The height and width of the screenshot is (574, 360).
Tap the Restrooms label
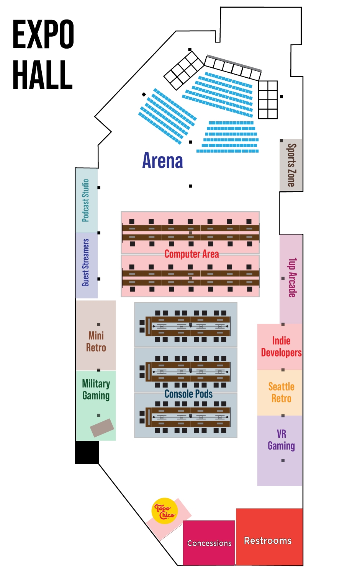tap(268, 541)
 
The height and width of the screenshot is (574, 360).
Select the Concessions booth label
tap(209, 543)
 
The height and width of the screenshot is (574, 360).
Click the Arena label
tap(163, 161)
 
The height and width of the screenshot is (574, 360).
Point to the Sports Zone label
tap(292, 165)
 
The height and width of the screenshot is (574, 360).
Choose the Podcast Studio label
tap(86, 201)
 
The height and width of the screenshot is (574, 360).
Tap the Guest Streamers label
tap(86, 263)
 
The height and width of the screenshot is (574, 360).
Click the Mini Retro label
tap(96, 342)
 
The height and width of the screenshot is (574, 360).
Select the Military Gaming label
tap(96, 390)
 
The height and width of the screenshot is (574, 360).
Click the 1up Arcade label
tap(292, 277)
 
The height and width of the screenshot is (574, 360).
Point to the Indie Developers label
tap(281, 347)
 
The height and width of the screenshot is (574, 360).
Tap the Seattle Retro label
tap(281, 393)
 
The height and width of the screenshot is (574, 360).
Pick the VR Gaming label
tap(281, 440)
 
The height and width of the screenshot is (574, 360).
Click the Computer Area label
tap(191, 254)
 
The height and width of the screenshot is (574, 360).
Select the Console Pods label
tap(188, 394)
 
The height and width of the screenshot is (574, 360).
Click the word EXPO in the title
tap(43, 34)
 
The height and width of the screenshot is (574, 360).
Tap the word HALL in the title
tap(43, 75)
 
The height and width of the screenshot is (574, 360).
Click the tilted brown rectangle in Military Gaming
tap(102, 428)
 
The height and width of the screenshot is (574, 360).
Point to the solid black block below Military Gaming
tap(87, 452)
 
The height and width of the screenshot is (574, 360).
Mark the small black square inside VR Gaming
tap(283, 461)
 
